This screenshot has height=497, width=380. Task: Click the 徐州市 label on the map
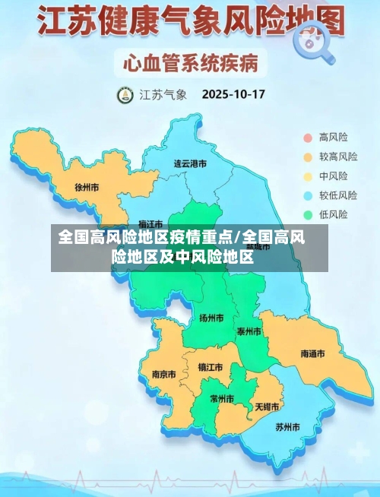[x=87, y=186]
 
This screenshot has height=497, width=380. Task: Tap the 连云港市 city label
[x=190, y=163]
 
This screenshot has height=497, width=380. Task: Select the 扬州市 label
[x=211, y=318]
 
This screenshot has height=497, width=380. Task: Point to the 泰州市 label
[x=249, y=331]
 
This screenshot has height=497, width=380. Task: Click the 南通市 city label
[x=312, y=354]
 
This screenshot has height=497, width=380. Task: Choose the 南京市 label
[x=163, y=374]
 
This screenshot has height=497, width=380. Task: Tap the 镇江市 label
[x=211, y=367]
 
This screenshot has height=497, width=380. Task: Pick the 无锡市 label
[x=268, y=407]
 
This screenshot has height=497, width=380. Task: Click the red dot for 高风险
[x=308, y=138]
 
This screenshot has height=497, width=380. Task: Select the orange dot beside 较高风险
[x=308, y=157]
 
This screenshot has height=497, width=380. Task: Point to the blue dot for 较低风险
[x=308, y=195]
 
